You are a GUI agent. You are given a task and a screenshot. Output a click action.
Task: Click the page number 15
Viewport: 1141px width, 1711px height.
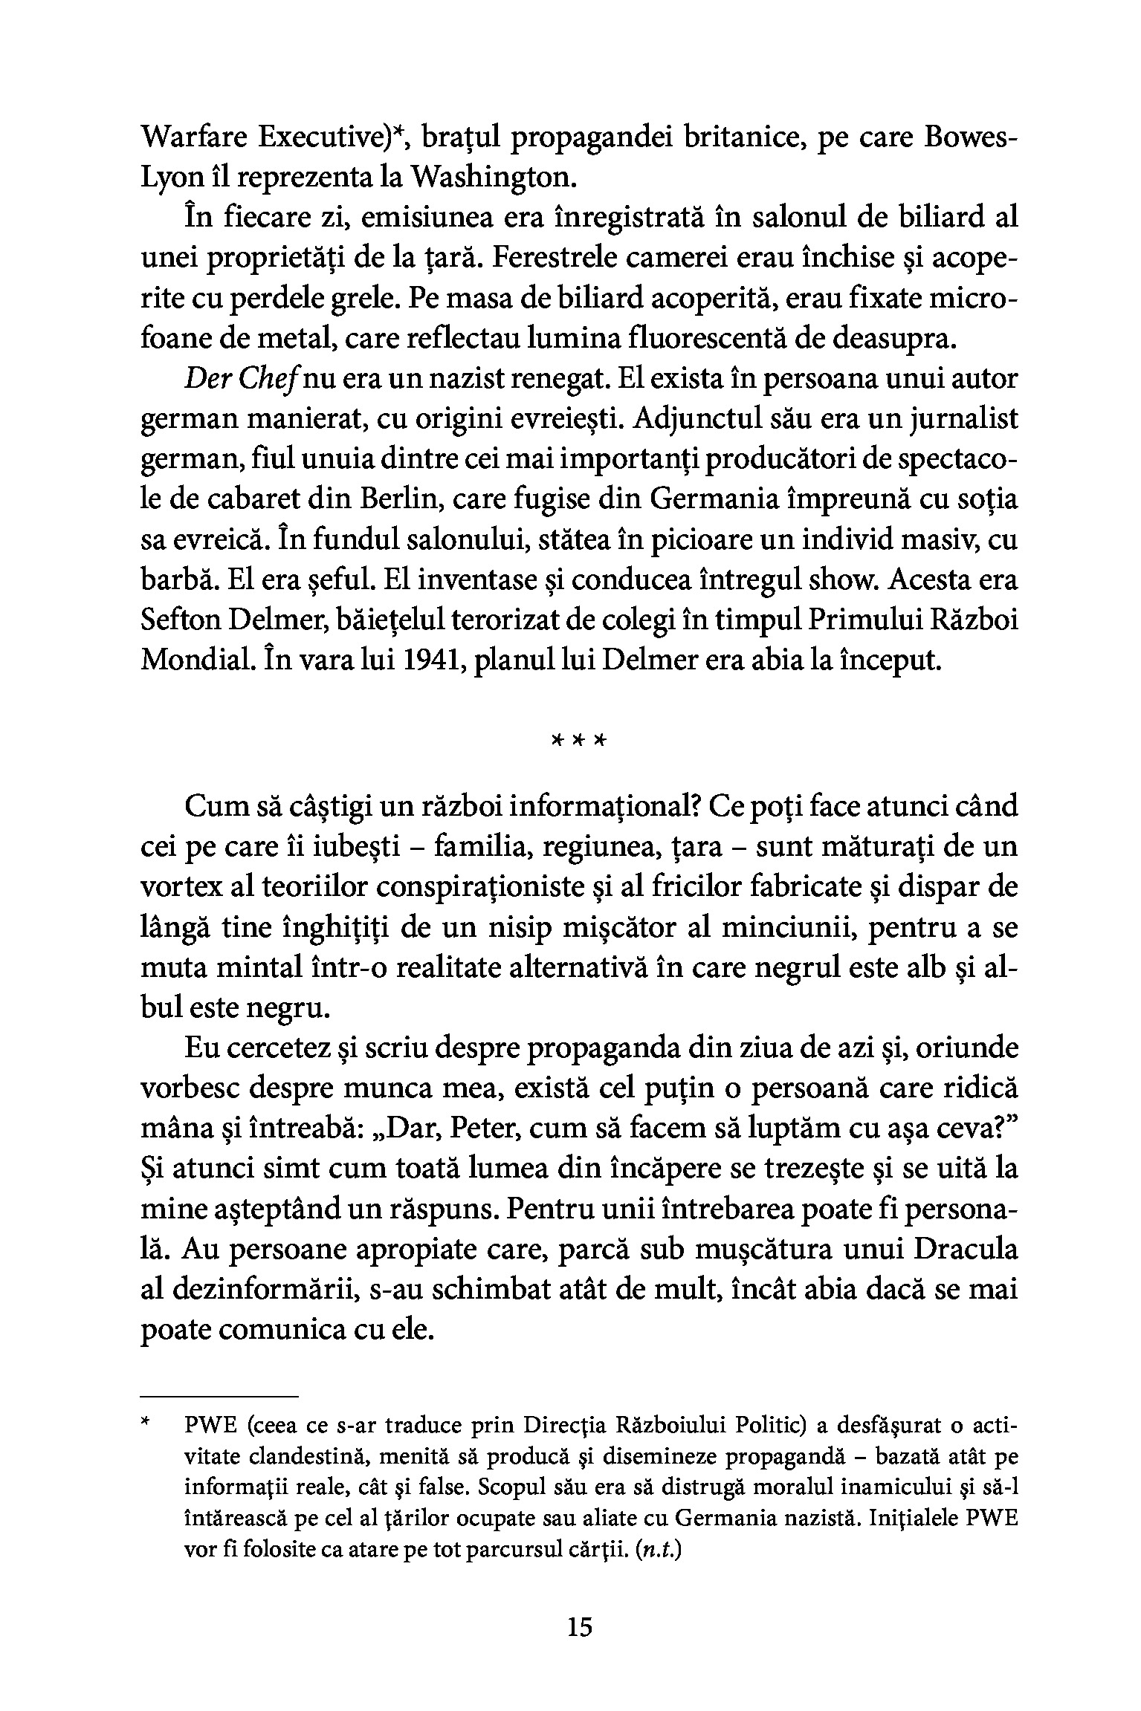(579, 1628)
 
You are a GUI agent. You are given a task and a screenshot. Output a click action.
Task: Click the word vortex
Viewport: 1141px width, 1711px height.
(178, 888)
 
